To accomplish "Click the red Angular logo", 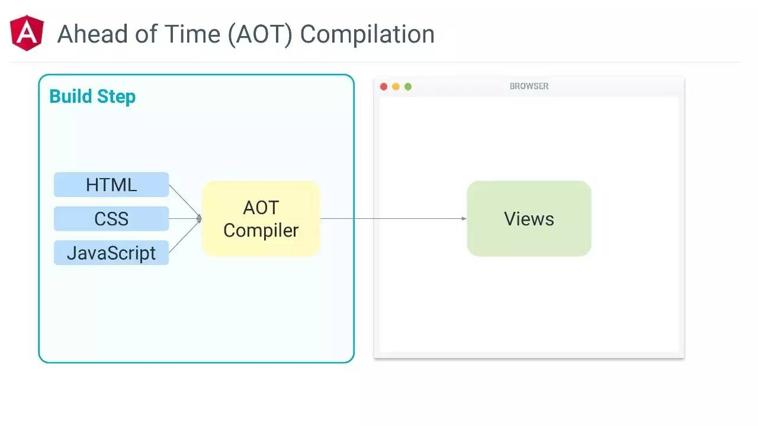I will (x=27, y=33).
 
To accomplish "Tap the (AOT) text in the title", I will (x=261, y=34).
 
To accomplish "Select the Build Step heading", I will (x=92, y=96).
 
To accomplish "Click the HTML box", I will (x=111, y=185).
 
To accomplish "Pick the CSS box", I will (x=111, y=219).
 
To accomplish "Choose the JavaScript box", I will (x=111, y=253).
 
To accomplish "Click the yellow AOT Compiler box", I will (x=261, y=219).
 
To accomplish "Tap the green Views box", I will (x=529, y=219).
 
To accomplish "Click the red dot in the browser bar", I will (x=384, y=87).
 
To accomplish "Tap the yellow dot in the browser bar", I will (x=396, y=87).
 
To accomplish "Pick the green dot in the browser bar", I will (x=408, y=87).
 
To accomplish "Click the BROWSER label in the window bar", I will (x=529, y=86).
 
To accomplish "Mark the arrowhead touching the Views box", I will (x=464, y=219).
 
